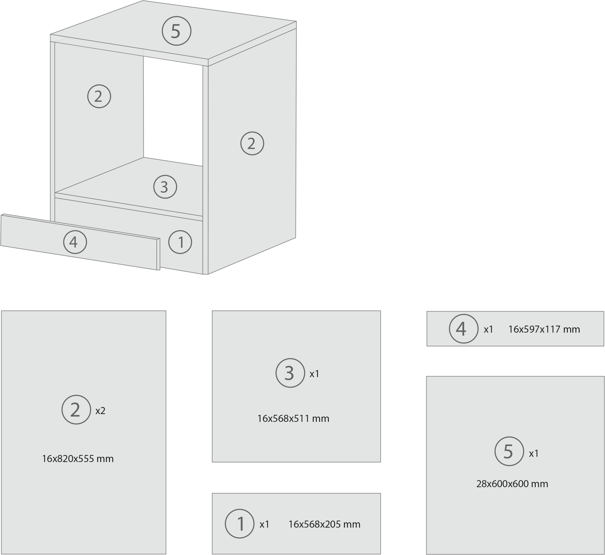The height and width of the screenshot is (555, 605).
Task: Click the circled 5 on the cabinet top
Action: tap(176, 31)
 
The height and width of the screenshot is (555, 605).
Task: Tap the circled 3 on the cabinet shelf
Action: tap(165, 187)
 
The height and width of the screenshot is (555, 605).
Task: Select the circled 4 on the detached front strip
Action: tap(75, 242)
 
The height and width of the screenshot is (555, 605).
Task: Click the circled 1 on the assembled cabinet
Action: tap(180, 242)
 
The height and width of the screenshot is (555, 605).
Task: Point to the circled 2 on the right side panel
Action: tap(252, 144)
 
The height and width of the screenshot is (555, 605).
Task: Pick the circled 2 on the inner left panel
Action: tap(99, 96)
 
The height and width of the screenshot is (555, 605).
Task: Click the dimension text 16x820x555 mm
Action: tap(78, 459)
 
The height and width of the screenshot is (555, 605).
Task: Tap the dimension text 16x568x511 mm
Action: tap(293, 419)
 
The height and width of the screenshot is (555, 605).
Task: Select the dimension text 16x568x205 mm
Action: tap(324, 524)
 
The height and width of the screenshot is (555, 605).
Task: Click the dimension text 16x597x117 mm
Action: tap(544, 329)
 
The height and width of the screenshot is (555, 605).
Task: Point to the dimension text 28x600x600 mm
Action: tap(512, 484)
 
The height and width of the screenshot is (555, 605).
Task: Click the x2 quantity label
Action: tap(101, 411)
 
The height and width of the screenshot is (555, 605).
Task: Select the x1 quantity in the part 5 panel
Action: tap(534, 454)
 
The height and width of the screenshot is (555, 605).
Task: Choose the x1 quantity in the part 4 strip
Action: tap(489, 329)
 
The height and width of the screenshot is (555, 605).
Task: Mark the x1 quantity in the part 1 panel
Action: tap(264, 524)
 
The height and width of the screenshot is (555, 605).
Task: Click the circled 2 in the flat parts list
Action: tap(76, 410)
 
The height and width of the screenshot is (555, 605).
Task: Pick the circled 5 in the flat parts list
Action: tap(509, 451)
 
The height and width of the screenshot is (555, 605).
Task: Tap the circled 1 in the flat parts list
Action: tap(239, 524)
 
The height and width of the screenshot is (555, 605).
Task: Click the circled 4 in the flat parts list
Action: tap(464, 329)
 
